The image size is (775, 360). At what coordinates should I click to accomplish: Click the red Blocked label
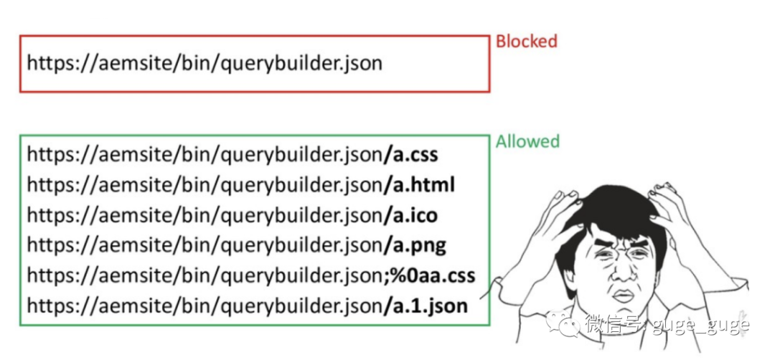coord(527,41)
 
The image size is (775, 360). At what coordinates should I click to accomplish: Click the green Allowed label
coord(527,142)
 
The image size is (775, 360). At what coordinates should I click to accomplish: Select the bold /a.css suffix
coord(410,155)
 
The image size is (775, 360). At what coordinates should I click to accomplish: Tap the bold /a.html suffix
coord(419,185)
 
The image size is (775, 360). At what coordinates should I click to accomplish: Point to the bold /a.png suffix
coord(415,245)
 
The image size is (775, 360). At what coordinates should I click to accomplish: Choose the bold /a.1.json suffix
coord(426,305)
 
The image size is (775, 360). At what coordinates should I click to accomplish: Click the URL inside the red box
coord(205,64)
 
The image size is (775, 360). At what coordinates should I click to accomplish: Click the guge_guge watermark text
coord(701,326)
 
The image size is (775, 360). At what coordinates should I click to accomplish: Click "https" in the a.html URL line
coord(48,186)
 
